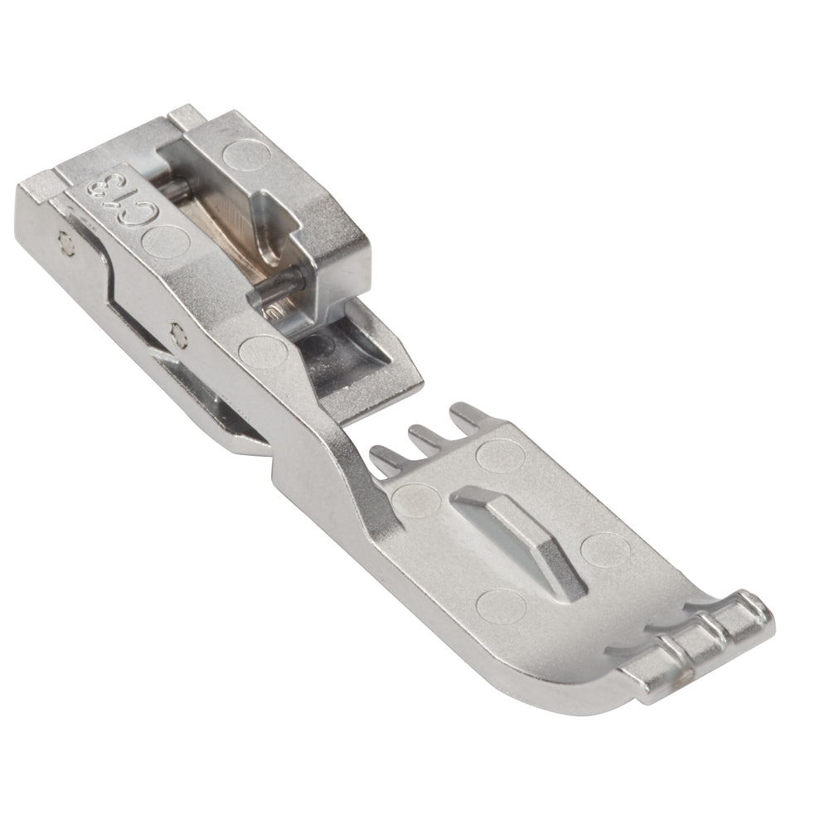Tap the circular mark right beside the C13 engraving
[x=166, y=241]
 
